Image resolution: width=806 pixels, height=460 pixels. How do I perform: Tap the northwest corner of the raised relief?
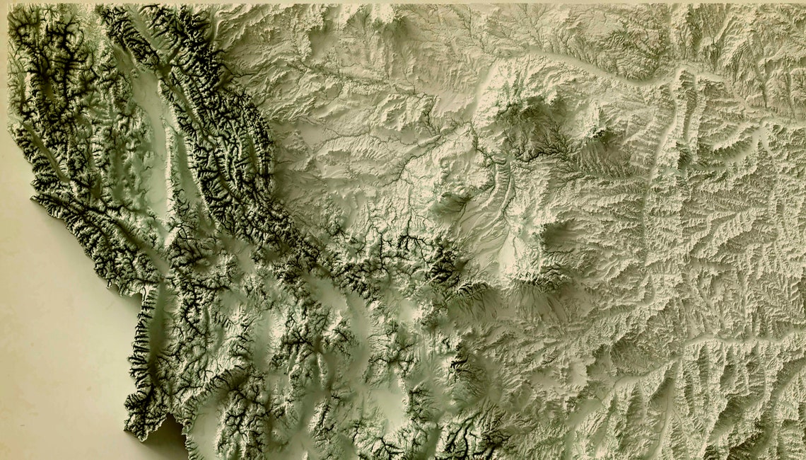(x=10, y=8)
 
